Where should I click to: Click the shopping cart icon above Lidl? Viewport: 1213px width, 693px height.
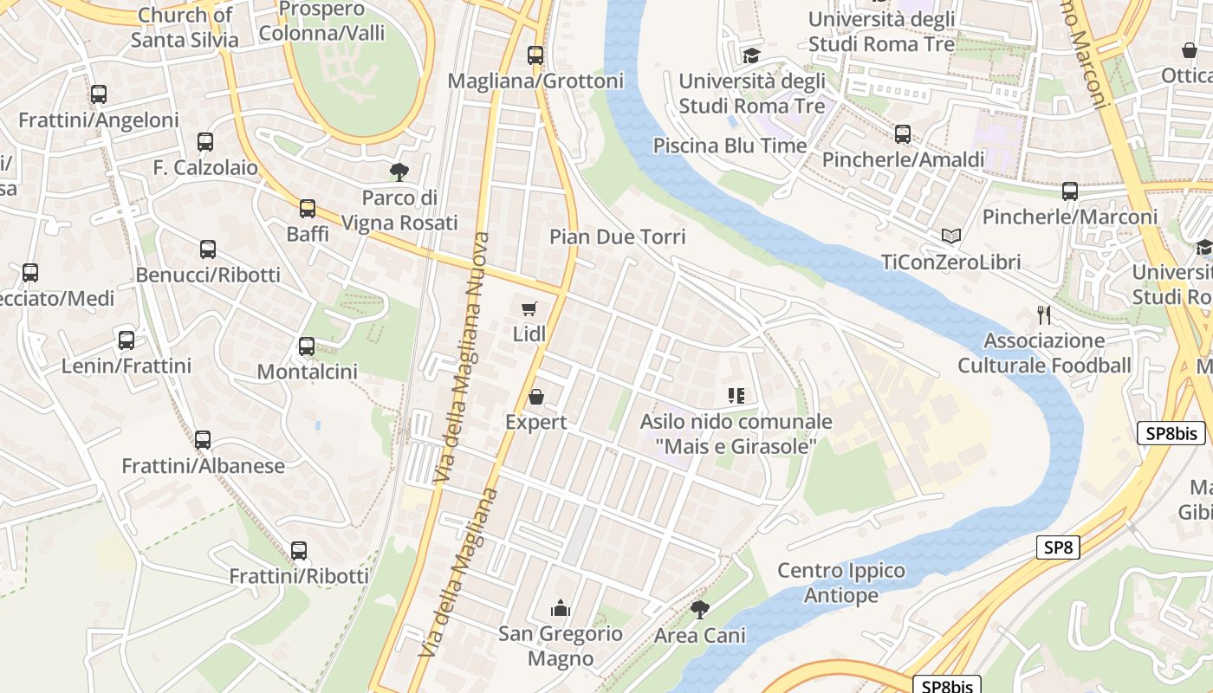(x=529, y=308)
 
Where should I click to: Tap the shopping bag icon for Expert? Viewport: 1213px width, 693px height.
(x=536, y=397)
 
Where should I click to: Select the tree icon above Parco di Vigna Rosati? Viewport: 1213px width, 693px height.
(x=399, y=172)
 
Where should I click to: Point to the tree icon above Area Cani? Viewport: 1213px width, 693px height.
(x=699, y=610)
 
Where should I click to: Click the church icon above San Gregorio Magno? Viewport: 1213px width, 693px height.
(x=561, y=608)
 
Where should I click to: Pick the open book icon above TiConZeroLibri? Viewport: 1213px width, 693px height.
(x=950, y=236)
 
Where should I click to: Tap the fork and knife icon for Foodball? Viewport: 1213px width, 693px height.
(x=1044, y=314)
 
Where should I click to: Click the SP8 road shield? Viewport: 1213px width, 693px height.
(x=1058, y=547)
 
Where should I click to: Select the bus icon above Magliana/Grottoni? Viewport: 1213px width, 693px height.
(x=535, y=55)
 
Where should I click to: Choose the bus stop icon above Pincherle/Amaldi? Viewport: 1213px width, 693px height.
(x=903, y=134)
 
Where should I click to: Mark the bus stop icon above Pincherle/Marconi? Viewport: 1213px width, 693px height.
(x=1070, y=191)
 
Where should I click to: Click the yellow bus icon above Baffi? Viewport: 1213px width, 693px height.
(x=308, y=208)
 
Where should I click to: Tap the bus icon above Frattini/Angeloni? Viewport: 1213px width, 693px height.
(x=99, y=94)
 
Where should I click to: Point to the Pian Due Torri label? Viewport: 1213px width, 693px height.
(x=617, y=236)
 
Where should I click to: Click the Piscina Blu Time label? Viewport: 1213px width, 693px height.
(x=730, y=146)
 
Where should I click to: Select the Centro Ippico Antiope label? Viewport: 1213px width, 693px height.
(x=841, y=583)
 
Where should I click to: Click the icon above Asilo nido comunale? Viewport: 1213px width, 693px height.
(x=736, y=397)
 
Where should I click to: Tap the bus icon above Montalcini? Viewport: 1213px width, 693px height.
(x=307, y=346)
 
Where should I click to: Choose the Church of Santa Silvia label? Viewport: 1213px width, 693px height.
(x=185, y=27)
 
